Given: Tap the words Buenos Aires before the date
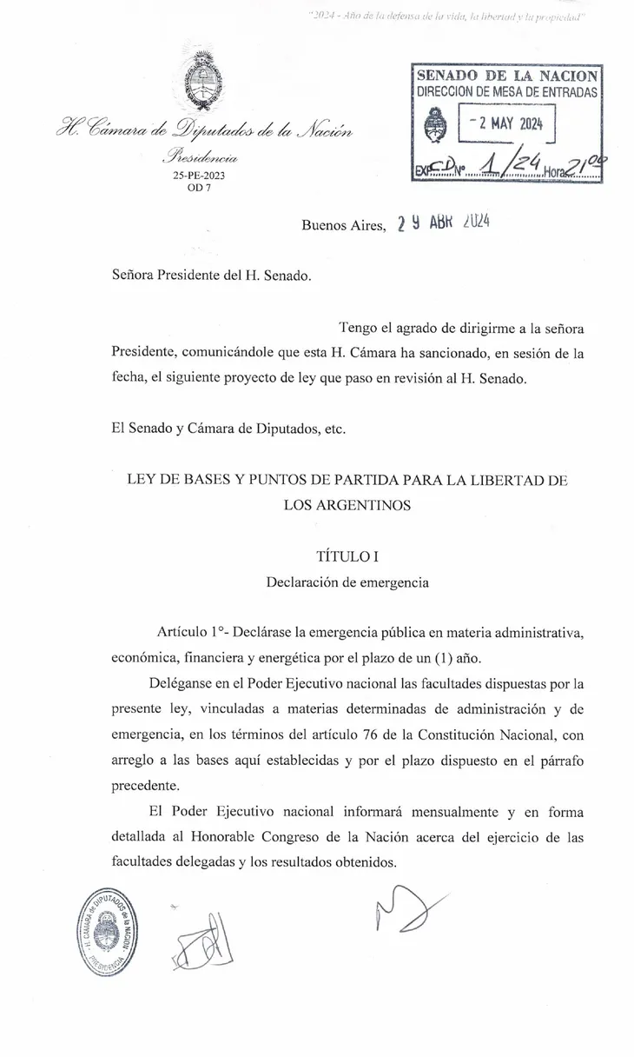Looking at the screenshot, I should tap(342, 225).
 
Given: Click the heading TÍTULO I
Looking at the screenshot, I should tap(347, 558).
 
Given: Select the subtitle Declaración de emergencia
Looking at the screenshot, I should tap(347, 582).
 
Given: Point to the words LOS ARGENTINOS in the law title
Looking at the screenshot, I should tap(347, 504).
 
